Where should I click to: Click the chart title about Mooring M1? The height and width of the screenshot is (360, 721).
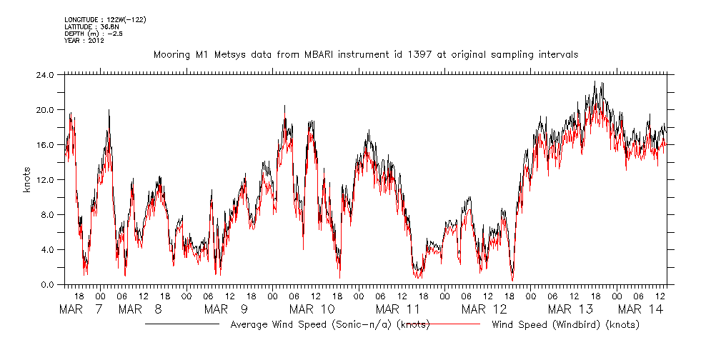[365, 54]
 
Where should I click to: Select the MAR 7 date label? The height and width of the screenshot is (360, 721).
[81, 309]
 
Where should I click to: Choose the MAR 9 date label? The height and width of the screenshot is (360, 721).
[226, 309]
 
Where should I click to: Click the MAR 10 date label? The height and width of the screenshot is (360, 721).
[312, 309]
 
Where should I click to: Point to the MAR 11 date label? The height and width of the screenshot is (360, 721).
[398, 309]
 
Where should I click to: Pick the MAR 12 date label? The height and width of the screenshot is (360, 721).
[484, 309]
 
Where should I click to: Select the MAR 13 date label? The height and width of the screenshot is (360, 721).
[570, 309]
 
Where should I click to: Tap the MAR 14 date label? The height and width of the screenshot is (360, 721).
[641, 309]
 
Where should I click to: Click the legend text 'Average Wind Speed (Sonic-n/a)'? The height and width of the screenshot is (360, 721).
[330, 325]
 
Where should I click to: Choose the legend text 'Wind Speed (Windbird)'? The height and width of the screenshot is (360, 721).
[565, 325]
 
